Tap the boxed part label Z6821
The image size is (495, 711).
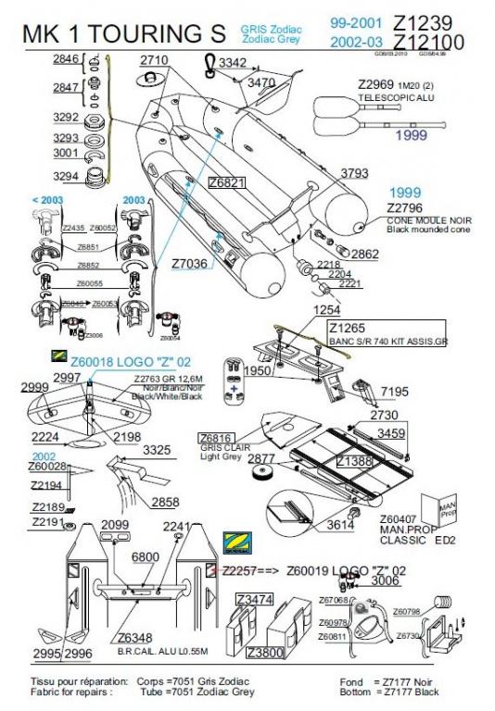[227, 183]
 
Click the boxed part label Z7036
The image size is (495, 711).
[190, 264]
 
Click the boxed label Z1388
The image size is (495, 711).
[353, 460]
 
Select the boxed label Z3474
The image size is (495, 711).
[254, 600]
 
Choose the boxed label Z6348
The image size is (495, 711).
[134, 637]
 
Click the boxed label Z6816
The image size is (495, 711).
[215, 437]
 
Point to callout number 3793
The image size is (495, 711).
[354, 173]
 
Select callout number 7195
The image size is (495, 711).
[394, 392]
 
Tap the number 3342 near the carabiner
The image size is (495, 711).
[233, 63]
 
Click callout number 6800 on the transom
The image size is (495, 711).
[146, 557]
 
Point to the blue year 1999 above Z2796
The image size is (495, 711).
[405, 193]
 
